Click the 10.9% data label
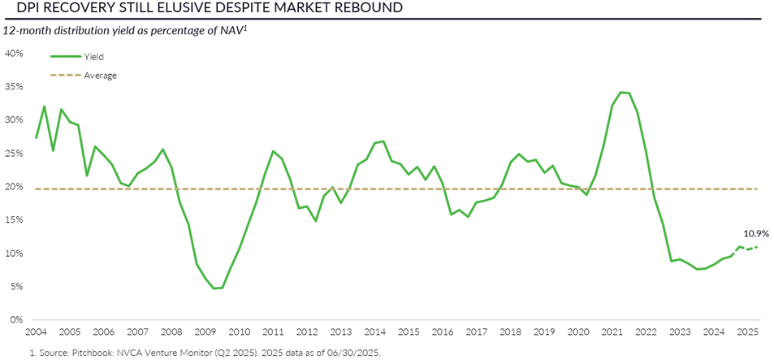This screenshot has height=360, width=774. [x=756, y=232]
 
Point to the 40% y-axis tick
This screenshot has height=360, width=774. [x=15, y=54]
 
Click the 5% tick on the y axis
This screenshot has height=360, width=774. [x=17, y=287]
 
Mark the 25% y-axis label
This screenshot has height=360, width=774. [x=15, y=154]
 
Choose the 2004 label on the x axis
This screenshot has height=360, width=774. [x=35, y=332]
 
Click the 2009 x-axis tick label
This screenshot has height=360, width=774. [x=205, y=332]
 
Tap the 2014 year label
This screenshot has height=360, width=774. [x=374, y=332]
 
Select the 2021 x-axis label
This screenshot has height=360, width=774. [x=612, y=332]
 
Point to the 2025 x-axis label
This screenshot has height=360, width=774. [x=748, y=332]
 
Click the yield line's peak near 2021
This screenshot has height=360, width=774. [x=621, y=92]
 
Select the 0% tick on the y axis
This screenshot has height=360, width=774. [x=17, y=320]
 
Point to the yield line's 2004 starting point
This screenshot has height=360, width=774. [x=36, y=137]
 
